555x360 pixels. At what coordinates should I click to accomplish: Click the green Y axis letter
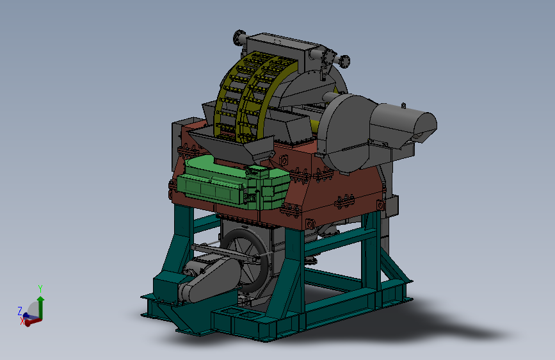pos(40,288)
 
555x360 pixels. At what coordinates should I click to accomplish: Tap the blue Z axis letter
pos(20,311)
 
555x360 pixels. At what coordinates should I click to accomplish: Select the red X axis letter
pos(22,321)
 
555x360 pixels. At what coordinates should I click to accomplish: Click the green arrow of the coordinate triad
pos(41,307)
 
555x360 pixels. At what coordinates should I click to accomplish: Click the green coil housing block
pos(234,183)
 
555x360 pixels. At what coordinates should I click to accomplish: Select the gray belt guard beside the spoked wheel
pos(209,280)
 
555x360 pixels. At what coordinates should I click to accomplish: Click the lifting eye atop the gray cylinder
pos(403,105)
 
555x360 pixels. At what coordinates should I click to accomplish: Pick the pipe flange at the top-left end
pos(239,37)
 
